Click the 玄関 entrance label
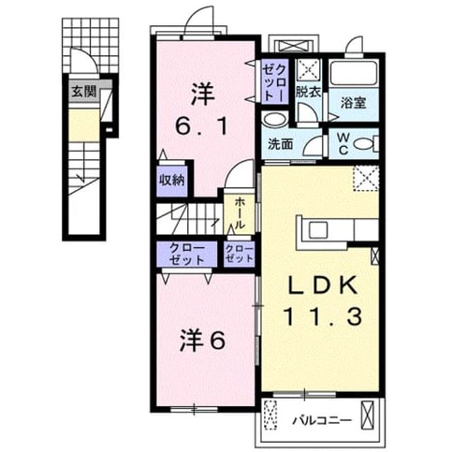pos(83,92)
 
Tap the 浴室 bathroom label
pos(353,103)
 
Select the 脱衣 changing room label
pos(308,92)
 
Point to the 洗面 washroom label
pos(280,144)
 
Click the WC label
pos(343,144)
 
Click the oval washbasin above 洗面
pos(275,119)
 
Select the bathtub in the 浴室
pos(353,73)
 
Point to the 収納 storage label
pos(172,180)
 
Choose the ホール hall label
pos(239,213)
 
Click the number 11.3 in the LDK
pos(323,316)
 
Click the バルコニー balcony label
pos(322,421)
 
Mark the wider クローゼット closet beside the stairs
pos(186,254)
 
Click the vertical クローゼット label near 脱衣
pos(275,82)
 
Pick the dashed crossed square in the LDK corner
pos(366,178)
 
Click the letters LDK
pos(323,285)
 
